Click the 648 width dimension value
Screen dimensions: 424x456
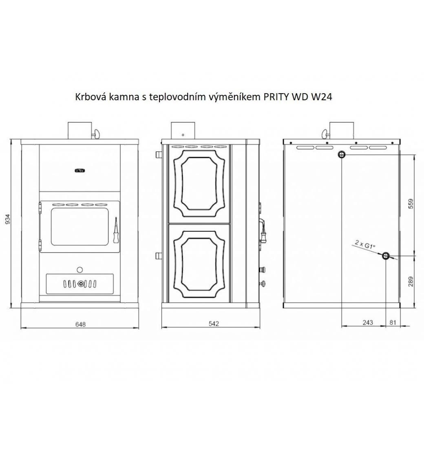click(80, 324)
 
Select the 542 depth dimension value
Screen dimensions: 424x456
click(214, 324)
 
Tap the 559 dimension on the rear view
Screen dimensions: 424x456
click(411, 204)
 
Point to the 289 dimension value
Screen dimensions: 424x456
click(411, 281)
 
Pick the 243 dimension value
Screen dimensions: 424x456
click(368, 322)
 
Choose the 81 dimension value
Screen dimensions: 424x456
click(393, 322)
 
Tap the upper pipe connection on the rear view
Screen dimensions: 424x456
click(342, 154)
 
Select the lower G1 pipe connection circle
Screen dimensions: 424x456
click(386, 256)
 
